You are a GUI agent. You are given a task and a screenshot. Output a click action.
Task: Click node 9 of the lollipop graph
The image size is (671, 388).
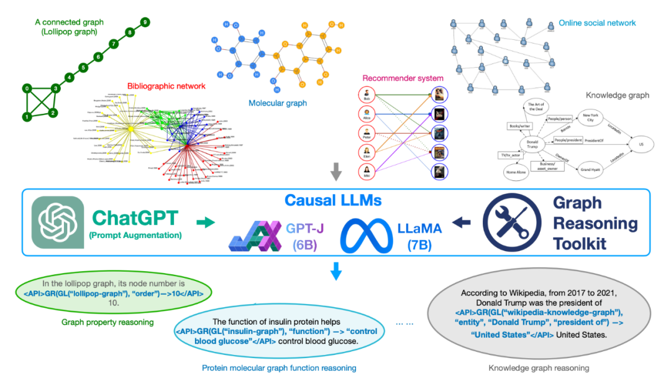pyautogui.click(x=145, y=22)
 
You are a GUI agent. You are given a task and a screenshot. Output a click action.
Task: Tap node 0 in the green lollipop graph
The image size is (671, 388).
pyautogui.click(x=26, y=89)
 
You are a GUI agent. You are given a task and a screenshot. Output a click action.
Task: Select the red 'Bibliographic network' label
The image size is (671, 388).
pyautogui.click(x=166, y=85)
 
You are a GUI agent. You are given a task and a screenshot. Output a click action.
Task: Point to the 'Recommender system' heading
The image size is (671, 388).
pyautogui.click(x=403, y=78)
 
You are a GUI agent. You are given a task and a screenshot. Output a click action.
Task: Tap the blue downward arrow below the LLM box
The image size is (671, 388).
pyautogui.click(x=335, y=271)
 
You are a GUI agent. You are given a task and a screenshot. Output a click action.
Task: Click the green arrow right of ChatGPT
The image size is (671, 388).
pyautogui.click(x=204, y=221)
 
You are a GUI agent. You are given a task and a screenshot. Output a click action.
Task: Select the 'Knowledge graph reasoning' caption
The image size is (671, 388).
pyautogui.click(x=538, y=368)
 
